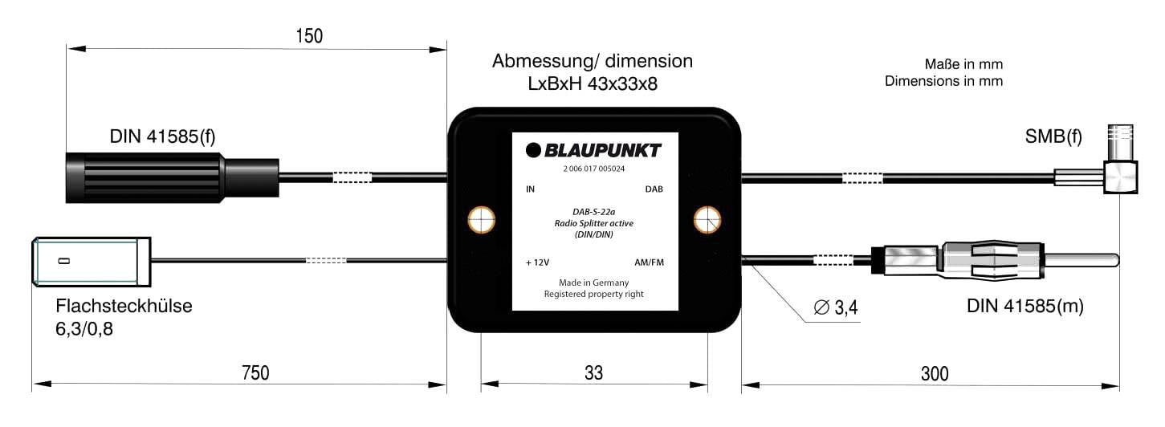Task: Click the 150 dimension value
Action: coord(308,37)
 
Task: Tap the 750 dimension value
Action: coord(255,373)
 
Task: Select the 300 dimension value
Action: coord(934,373)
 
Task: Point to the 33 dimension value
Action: coord(593,373)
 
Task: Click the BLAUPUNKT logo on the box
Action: coord(593,150)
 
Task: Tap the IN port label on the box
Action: coord(530,190)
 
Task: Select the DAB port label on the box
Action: coord(654,190)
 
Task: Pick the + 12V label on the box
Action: coord(537,262)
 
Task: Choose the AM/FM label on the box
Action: coord(649,262)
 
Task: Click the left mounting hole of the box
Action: coord(481,219)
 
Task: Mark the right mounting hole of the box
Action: coord(707,219)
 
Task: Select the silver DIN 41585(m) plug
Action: coord(996,260)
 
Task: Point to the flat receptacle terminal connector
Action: coord(92,261)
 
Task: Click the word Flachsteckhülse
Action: coord(124,307)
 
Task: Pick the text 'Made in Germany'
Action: coord(593,283)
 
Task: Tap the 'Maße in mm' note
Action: coord(963,64)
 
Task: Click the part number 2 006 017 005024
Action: coord(593,170)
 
